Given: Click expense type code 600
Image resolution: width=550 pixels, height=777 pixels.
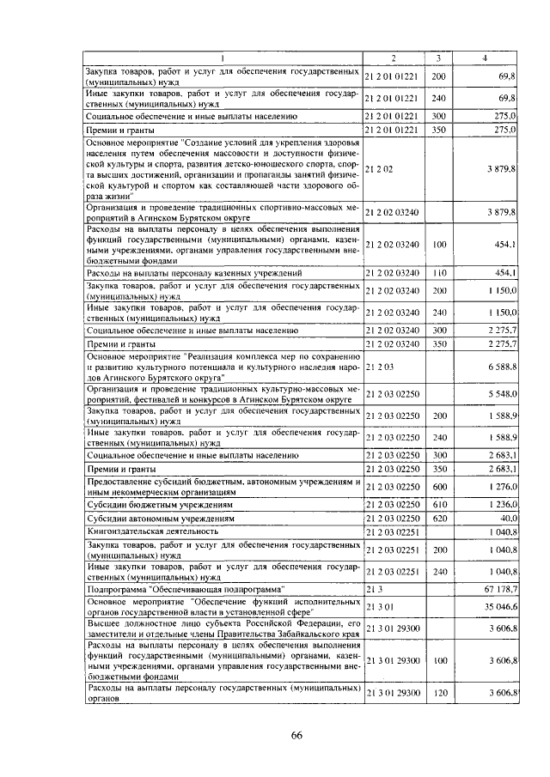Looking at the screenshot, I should pos(438,488).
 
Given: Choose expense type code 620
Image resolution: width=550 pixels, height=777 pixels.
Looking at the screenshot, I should pos(438,519).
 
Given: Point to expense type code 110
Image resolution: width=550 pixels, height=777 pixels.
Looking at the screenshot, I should pos(439,273).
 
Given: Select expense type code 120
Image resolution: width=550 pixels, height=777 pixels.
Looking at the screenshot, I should pos(438,693).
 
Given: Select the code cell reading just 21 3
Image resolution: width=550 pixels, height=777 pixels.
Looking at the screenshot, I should pos(372,589).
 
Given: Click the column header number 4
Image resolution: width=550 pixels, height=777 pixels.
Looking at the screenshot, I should pos(486,58).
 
